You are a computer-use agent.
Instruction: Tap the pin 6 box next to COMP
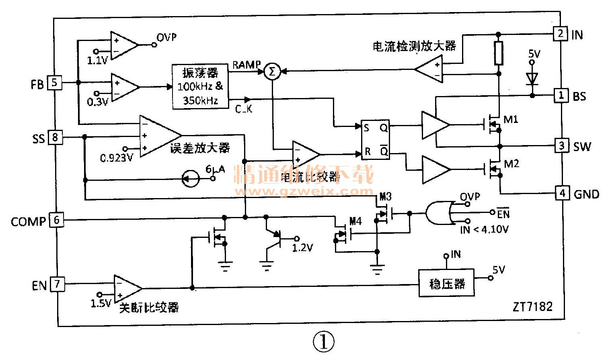coord(56,220)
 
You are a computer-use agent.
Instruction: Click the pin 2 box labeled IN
coord(561,34)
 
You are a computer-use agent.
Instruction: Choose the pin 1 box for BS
coord(561,96)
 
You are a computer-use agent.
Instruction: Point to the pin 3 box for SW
coord(562,145)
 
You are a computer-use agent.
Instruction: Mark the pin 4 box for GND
coord(562,193)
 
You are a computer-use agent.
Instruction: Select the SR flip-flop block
coord(375,139)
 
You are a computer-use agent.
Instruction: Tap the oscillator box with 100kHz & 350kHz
coord(199,86)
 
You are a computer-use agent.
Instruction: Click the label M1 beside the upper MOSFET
coord(511,119)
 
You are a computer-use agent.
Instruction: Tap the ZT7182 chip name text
coord(532,307)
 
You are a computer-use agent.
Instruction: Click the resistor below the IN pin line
coord(498,53)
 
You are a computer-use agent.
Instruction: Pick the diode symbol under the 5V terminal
coord(532,78)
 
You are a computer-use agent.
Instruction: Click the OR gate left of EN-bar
coord(438,213)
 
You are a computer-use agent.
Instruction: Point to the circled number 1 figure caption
coord(323,342)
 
